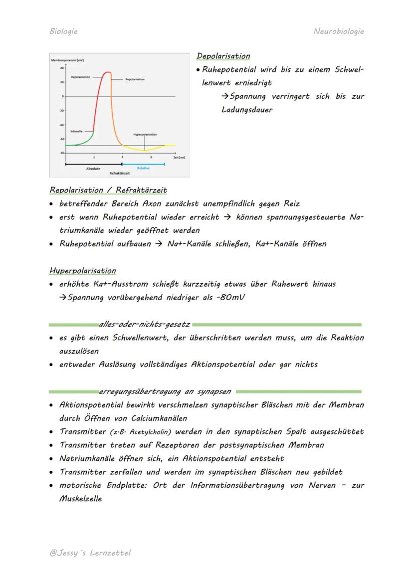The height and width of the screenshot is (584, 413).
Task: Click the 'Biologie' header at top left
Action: tap(63, 31)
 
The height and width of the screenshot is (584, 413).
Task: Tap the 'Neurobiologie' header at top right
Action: tap(339, 31)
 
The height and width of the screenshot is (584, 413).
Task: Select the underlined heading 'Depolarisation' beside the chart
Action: tap(223, 56)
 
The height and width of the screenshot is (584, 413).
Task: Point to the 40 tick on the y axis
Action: tap(62, 67)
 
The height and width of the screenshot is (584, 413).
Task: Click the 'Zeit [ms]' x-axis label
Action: tap(179, 157)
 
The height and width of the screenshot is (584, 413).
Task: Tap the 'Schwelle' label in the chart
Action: tap(76, 131)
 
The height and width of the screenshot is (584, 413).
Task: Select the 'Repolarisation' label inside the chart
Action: tap(135, 79)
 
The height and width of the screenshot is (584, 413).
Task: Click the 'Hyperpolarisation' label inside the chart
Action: tap(145, 135)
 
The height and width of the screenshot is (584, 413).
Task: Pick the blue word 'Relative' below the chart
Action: tap(143, 168)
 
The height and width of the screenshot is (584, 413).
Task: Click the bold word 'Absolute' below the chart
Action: tap(93, 169)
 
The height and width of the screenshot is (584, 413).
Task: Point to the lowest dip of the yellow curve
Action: tap(145, 150)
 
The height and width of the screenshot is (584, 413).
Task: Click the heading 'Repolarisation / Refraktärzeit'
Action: tap(108, 190)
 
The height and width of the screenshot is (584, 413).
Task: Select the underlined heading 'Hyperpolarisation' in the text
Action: tap(82, 271)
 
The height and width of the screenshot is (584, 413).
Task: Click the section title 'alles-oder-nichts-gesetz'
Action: tap(144, 325)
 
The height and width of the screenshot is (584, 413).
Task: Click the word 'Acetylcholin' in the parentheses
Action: tap(146, 432)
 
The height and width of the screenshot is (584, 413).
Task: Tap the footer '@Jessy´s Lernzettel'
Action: tap(90, 553)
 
